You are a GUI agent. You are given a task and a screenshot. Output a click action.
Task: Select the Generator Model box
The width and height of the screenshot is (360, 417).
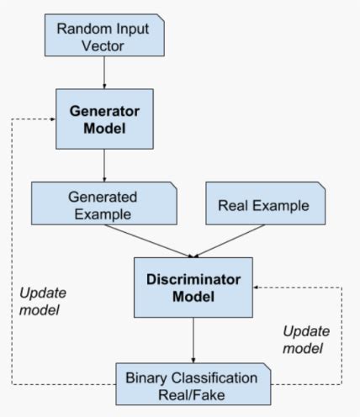click(x=103, y=120)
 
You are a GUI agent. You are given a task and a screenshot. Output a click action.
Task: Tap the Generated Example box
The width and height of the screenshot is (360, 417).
click(x=103, y=203)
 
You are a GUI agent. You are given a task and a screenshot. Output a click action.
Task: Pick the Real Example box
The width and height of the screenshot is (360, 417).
click(x=264, y=204)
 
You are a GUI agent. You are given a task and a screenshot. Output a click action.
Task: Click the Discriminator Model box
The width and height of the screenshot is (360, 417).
click(x=193, y=288)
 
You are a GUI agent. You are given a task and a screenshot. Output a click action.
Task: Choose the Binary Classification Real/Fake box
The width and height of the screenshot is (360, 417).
click(x=193, y=383)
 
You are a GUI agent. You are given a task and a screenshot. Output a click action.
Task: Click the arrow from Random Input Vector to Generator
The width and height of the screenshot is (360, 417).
click(x=103, y=74)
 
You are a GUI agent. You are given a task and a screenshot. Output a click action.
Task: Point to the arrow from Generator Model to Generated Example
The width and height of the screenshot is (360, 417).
click(x=103, y=166)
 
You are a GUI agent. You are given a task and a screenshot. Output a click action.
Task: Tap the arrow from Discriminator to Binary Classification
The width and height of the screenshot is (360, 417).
click(x=193, y=340)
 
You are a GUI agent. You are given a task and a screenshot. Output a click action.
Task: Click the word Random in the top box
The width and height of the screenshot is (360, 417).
click(x=80, y=29)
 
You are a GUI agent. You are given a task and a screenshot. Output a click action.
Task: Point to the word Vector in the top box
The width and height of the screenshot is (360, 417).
click(x=103, y=46)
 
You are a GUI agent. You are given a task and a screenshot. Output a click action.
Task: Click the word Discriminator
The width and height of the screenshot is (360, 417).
click(x=193, y=280)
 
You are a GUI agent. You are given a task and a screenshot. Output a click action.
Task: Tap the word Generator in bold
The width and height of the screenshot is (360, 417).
click(x=103, y=110)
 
